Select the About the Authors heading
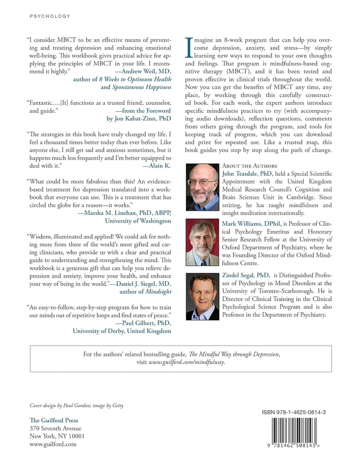[x=249, y=167]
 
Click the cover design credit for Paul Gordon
[x=77, y=405]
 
